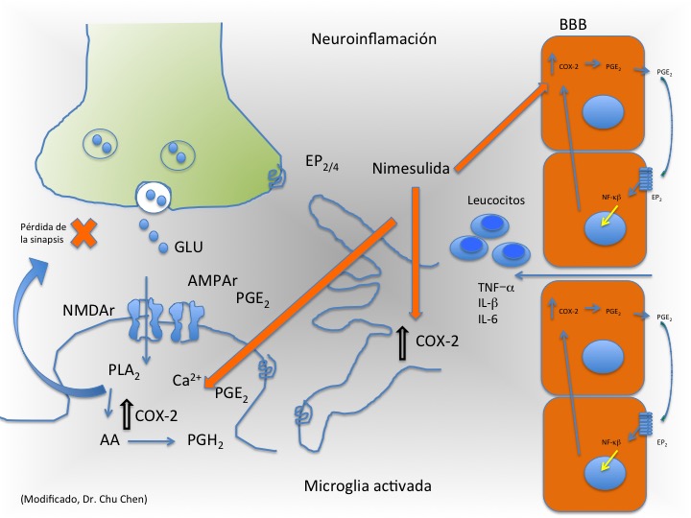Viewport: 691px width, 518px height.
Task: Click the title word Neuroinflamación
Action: pyautogui.click(x=373, y=39)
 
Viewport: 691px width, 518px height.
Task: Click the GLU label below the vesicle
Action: pyautogui.click(x=188, y=248)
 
